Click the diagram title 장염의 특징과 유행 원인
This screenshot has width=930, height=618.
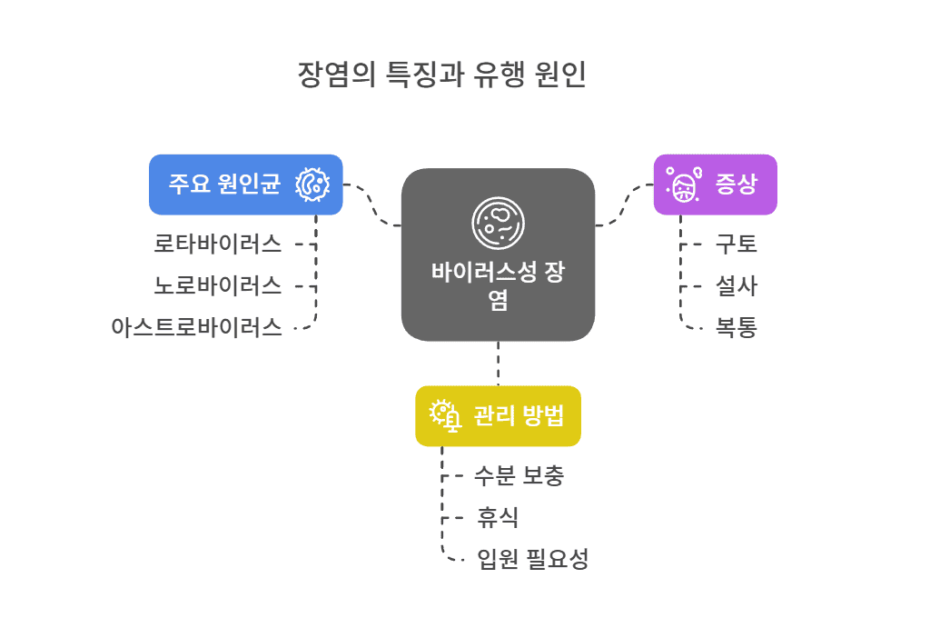(x=442, y=75)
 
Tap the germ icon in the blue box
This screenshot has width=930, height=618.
(x=312, y=184)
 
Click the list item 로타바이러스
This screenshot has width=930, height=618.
(x=217, y=243)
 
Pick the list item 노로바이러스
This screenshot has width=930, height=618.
(x=217, y=285)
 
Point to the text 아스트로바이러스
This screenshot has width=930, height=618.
(x=196, y=327)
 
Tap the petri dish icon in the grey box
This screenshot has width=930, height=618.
(x=498, y=223)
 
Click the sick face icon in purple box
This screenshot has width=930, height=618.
(x=683, y=185)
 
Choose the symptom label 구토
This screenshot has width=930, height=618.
(x=736, y=244)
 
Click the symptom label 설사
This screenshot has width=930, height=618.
(x=736, y=286)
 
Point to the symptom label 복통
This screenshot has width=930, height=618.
(x=736, y=327)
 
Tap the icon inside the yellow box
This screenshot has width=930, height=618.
(x=445, y=415)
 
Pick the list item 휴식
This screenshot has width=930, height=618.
(x=498, y=517)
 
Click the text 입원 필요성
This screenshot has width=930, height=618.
(x=533, y=559)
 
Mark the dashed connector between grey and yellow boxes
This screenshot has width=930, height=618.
(x=498, y=364)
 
